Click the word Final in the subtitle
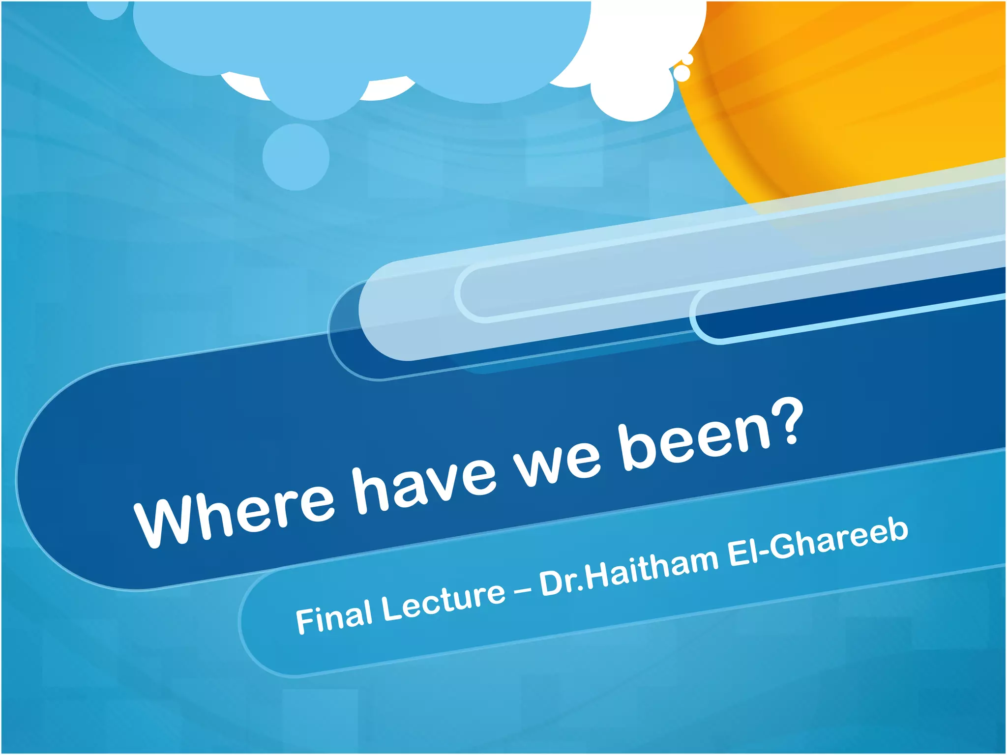coord(334,617)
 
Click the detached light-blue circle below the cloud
coord(296,156)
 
